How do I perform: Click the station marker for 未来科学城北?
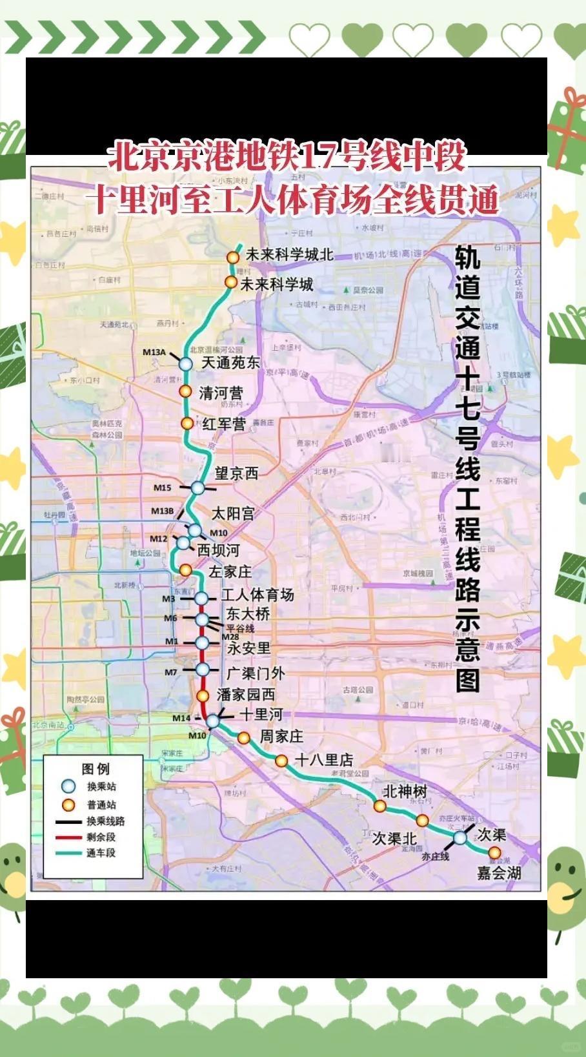pyautogui.click(x=232, y=257)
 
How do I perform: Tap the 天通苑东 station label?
pyautogui.click(x=230, y=363)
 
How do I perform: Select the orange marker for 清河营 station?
pyautogui.click(x=185, y=391)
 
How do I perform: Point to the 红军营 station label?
pyautogui.click(x=224, y=424)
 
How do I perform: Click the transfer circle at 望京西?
pyautogui.click(x=197, y=487)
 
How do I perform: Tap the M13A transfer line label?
pyautogui.click(x=154, y=353)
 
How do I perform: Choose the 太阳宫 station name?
pyautogui.click(x=233, y=513)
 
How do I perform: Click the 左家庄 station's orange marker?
pyautogui.click(x=185, y=570)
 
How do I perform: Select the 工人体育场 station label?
pyautogui.click(x=258, y=595)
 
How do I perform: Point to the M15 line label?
pyautogui.click(x=163, y=488)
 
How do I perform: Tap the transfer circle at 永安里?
pyautogui.click(x=202, y=643)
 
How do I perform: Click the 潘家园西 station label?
pyautogui.click(x=245, y=695)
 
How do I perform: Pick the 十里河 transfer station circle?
pyautogui.click(x=212, y=721)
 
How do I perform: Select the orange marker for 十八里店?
pyautogui.click(x=281, y=761)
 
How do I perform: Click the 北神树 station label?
pyautogui.click(x=405, y=791)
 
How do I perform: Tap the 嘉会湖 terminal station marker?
pyautogui.click(x=494, y=853)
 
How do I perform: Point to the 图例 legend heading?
pyautogui.click(x=96, y=769)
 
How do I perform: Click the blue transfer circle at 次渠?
pyautogui.click(x=460, y=838)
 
